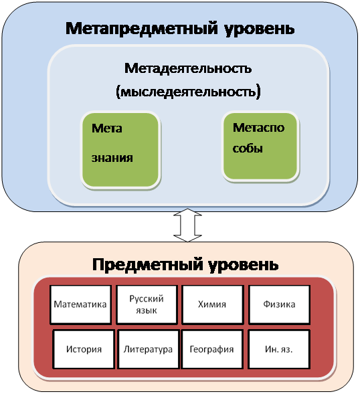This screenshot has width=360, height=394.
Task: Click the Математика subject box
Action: pyautogui.click(x=81, y=304)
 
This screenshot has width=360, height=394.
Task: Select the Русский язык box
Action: pyautogui.click(x=147, y=304)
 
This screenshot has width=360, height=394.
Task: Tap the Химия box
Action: pyautogui.click(x=213, y=304)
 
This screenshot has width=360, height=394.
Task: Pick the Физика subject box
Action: pyautogui.click(x=279, y=304)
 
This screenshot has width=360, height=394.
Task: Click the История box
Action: pyautogui.click(x=84, y=349)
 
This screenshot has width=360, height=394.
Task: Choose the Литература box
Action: pyautogui.click(x=149, y=349)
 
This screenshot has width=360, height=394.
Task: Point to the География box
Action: pyautogui.click(x=212, y=349)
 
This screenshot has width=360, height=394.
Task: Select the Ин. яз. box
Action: pyautogui.click(x=279, y=349)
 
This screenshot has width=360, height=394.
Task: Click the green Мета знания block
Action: pyautogui.click(x=120, y=150)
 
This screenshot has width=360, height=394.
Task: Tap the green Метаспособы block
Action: pyautogui.click(x=260, y=146)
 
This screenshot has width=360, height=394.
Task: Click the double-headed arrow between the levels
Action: pyautogui.click(x=187, y=225)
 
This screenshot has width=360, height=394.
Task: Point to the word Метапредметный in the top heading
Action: pyautogui.click(x=142, y=28)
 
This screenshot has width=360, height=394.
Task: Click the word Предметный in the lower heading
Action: pyautogui.click(x=148, y=265)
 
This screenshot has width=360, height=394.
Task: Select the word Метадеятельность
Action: pyautogui.click(x=188, y=68)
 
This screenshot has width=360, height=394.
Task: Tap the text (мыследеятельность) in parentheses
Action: pyautogui.click(x=188, y=92)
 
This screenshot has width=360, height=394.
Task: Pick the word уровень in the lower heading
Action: pyautogui.click(x=244, y=266)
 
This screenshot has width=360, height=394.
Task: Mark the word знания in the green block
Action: pyautogui.click(x=112, y=159)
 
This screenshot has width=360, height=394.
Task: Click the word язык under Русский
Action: pyautogui.click(x=147, y=311)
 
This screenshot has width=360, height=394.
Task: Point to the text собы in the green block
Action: pyautogui.click(x=248, y=149)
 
